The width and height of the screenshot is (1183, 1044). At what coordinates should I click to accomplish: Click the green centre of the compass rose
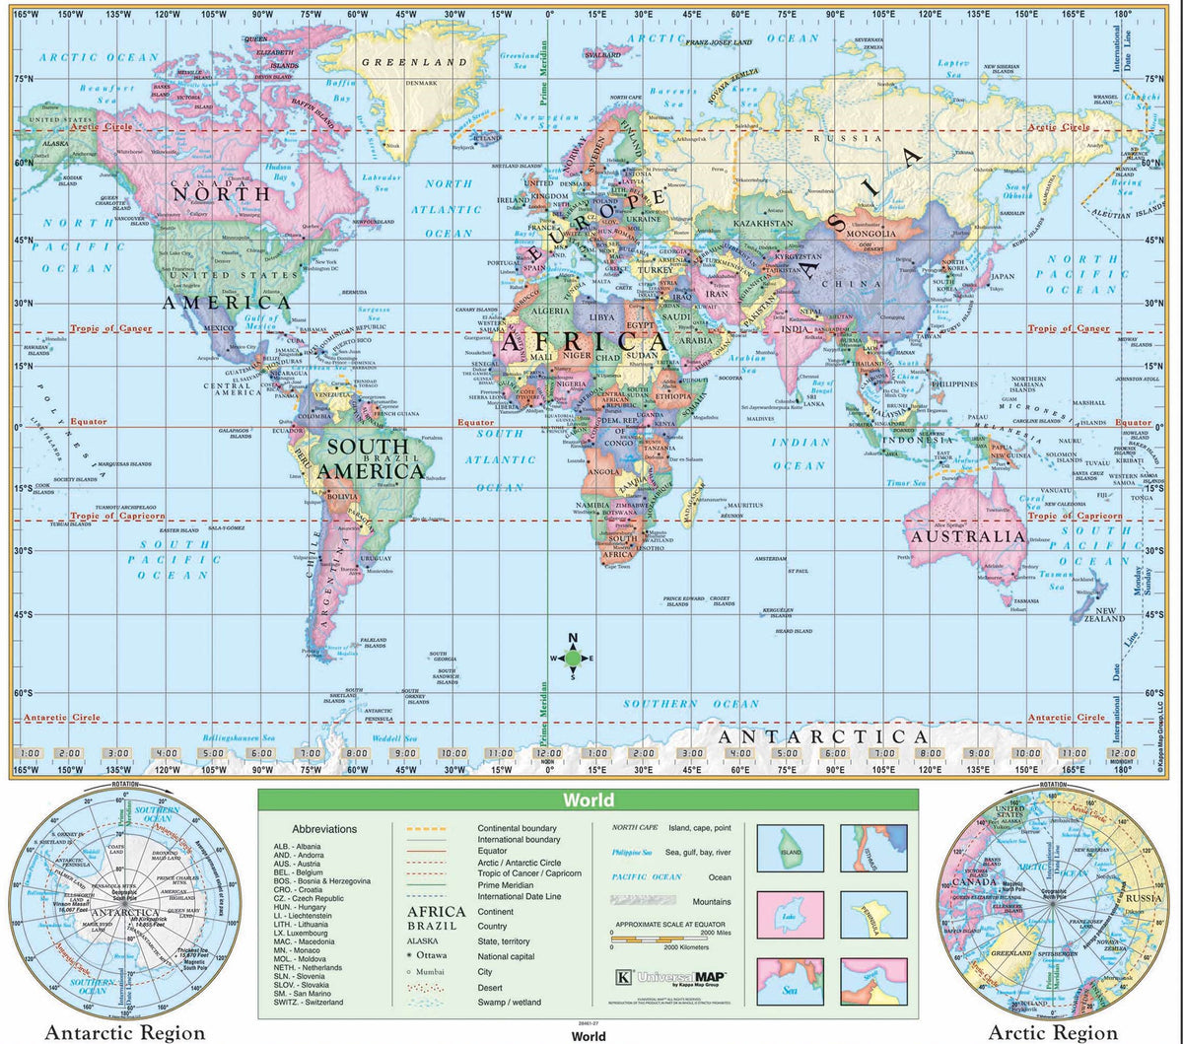point(573,660)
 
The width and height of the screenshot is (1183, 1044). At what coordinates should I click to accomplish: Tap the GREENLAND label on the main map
point(413,62)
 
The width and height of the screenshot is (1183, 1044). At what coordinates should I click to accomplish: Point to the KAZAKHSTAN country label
point(764,224)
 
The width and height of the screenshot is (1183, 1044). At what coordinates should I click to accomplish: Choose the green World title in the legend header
point(589,800)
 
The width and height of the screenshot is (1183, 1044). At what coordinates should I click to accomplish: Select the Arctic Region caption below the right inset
point(1054,1032)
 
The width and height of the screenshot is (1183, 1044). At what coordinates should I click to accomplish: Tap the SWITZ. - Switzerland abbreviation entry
point(311,1002)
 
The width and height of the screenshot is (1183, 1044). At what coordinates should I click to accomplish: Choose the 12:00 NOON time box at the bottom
point(545,755)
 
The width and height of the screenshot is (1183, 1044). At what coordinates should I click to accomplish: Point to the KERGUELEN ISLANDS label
point(778,612)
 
